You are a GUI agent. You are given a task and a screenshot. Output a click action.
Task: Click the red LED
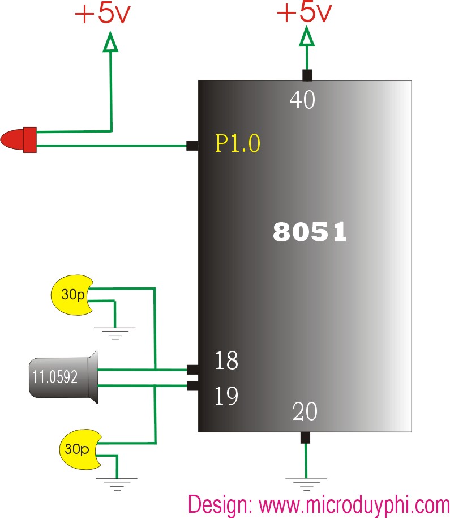click(19, 140)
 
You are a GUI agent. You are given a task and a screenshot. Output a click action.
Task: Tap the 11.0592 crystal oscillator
click(63, 377)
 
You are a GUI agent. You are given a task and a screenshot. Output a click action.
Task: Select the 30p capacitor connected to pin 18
click(72, 295)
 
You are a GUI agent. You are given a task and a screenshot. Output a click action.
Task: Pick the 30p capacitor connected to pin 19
click(80, 449)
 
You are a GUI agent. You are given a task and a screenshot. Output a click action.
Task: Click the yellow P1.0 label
click(238, 143)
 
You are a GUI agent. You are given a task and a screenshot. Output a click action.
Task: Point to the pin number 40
click(302, 100)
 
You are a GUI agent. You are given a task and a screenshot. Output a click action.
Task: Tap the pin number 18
click(226, 360)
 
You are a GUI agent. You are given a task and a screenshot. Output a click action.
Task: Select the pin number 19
click(226, 396)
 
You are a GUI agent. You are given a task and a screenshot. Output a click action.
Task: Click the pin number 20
click(305, 411)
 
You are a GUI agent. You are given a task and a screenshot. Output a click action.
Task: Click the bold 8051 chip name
click(310, 232)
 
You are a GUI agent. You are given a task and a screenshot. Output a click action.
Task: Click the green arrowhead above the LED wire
click(110, 41)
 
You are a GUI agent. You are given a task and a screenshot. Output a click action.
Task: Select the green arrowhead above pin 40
click(307, 36)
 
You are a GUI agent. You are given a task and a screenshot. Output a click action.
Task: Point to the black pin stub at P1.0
click(192, 146)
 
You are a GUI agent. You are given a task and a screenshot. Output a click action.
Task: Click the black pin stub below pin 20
click(306, 438)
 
